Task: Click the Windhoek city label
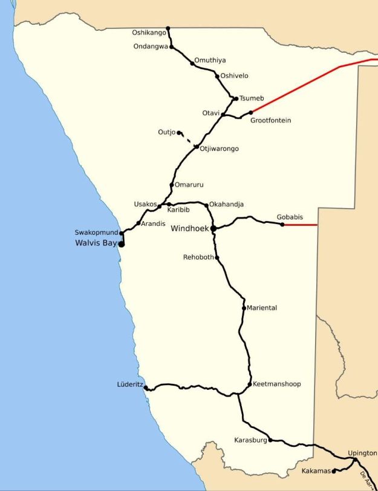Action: (190, 228)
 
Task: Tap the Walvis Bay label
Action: (95, 244)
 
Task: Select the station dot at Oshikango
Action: (168, 28)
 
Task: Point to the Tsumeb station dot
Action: (235, 98)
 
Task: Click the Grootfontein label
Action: (270, 120)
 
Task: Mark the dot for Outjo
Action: (179, 133)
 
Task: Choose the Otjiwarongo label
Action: (219, 148)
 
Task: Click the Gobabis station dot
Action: (282, 225)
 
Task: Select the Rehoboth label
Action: (198, 257)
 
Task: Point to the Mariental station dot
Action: (244, 308)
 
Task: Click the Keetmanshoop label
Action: (276, 384)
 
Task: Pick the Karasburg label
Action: (250, 440)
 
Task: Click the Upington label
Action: (362, 453)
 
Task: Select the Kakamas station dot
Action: (334, 470)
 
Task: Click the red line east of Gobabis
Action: (301, 225)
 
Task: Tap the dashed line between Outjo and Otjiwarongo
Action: (188, 140)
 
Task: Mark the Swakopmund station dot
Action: (122, 233)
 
